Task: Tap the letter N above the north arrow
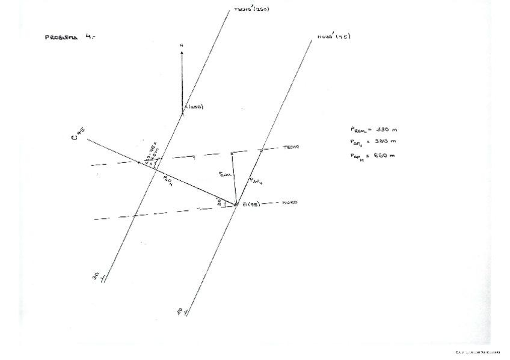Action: pos(182,45)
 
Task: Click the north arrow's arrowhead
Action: pos(182,53)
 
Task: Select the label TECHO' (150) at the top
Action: pos(251,10)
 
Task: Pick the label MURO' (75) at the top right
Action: pos(334,37)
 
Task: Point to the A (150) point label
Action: pos(194,107)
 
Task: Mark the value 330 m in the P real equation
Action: pos(386,129)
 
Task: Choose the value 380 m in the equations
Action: pos(386,141)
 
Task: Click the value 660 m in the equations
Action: pos(386,155)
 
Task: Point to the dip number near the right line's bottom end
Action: pos(179,311)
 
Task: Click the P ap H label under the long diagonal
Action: pos(167,181)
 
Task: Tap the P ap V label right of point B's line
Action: pos(255,179)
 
